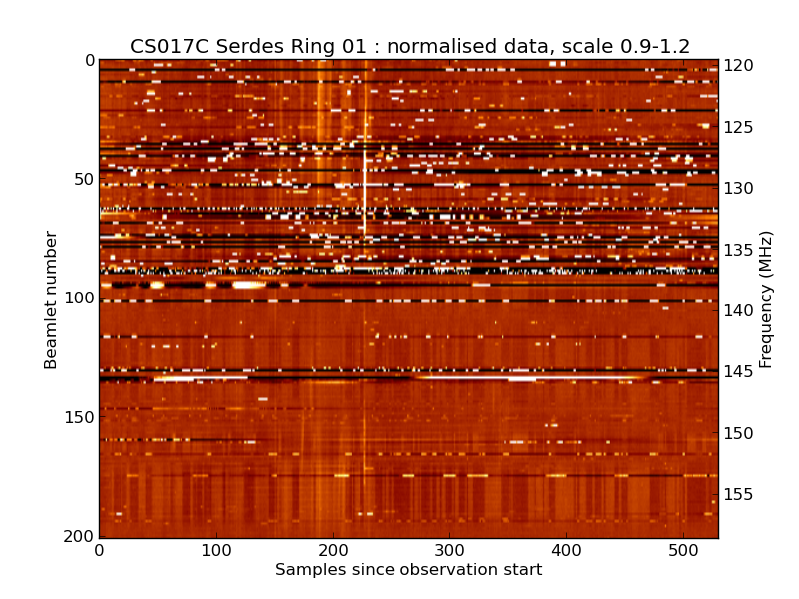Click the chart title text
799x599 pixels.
tap(409, 46)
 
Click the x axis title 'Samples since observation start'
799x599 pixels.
tap(408, 570)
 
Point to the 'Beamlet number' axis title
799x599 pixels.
tap(51, 299)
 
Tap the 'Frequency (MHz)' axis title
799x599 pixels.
tap(766, 299)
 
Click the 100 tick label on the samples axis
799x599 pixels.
tap(216, 550)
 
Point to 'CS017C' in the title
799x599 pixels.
tap(164, 46)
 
